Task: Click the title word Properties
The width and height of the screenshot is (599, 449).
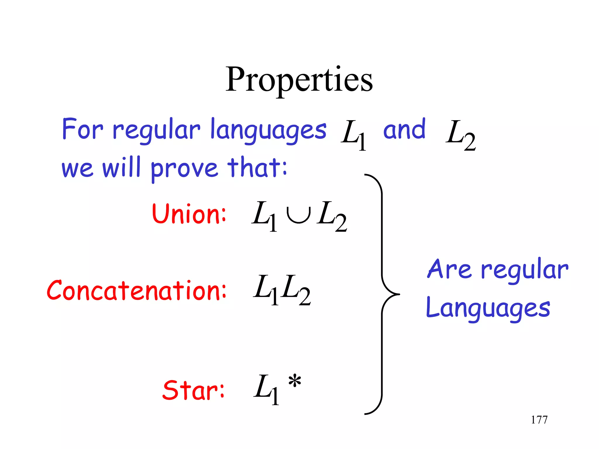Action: [x=299, y=80]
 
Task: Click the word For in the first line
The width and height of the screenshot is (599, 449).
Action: [x=82, y=129]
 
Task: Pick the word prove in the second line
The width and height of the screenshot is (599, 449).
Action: [x=184, y=169]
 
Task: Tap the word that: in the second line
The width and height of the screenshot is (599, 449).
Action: [x=257, y=168]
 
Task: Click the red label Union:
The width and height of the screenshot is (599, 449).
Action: [x=189, y=214]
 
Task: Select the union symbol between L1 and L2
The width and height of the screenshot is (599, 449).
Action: [x=298, y=215]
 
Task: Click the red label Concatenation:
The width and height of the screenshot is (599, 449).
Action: [x=136, y=291]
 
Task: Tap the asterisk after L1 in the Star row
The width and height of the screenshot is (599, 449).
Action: [x=295, y=381]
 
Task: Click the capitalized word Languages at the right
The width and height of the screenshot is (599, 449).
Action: [x=488, y=309]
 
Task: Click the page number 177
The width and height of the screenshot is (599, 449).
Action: [x=539, y=420]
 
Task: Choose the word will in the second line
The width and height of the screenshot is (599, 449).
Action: [x=121, y=168]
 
